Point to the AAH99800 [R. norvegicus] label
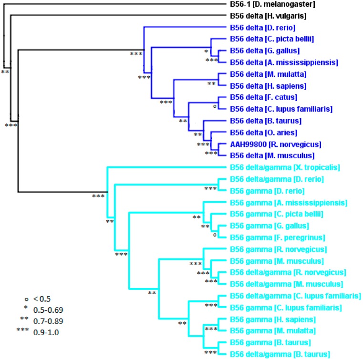[x=271, y=144]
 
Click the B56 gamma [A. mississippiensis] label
[x=288, y=203]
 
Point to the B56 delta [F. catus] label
[x=261, y=98]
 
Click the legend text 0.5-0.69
[x=48, y=309]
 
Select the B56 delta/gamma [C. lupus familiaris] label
[x=295, y=296]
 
